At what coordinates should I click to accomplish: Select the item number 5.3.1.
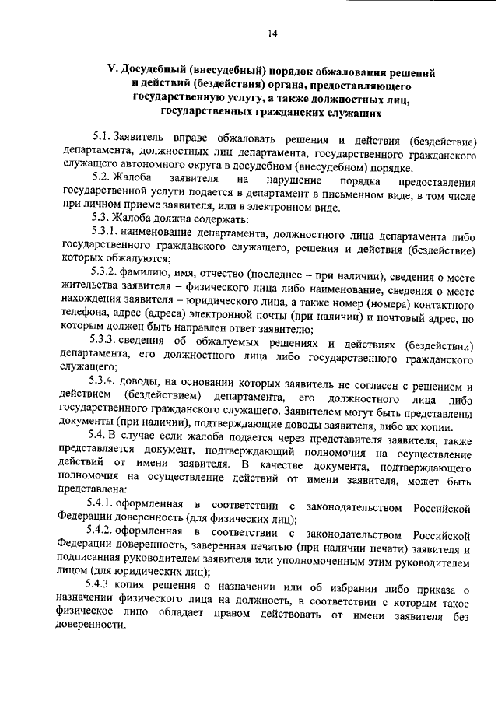pos(104,233)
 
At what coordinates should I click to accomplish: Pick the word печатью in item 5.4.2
pos(243,548)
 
